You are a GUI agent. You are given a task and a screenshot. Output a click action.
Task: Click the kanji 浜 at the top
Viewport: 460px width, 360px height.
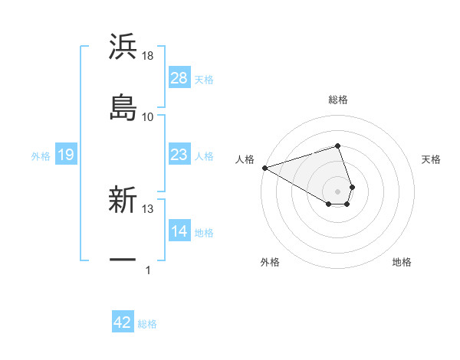coord(123,47)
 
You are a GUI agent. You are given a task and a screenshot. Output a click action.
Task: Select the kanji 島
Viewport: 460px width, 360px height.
coord(123,106)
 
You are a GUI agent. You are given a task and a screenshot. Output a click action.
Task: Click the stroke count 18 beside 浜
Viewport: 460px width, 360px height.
coord(148,55)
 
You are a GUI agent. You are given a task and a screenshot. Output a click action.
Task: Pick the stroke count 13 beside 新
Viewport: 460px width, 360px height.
coord(148,208)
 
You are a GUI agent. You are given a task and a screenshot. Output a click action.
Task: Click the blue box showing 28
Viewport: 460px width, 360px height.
coord(179,78)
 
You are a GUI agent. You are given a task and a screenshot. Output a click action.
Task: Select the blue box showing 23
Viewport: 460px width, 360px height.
coord(179,155)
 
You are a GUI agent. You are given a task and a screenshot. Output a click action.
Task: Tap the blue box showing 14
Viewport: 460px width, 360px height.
coord(179,231)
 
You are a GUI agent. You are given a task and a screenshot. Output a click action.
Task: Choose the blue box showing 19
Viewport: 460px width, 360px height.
coord(65,155)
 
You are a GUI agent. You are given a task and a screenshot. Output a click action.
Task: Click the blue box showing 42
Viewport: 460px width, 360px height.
coord(123,322)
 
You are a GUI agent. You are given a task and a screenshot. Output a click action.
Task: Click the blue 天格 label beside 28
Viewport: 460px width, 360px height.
coord(204,79)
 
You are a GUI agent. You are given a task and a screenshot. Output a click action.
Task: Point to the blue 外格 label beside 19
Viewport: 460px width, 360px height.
coord(41,156)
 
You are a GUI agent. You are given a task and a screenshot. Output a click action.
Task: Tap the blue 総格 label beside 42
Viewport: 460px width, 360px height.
coord(147,323)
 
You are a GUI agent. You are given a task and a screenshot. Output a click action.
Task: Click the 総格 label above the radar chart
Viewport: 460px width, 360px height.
coord(338,100)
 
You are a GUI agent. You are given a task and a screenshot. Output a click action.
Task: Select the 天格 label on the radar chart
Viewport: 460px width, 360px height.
coord(432,159)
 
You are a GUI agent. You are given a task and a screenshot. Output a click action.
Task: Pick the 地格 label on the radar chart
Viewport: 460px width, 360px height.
coord(402,262)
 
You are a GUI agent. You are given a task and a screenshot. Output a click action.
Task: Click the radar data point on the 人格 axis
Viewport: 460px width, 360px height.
coord(264,168)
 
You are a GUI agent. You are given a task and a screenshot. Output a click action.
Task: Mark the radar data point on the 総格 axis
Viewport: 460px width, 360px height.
coord(337,146)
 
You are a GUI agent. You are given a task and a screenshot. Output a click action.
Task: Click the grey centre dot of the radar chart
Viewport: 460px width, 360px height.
coord(337,191)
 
